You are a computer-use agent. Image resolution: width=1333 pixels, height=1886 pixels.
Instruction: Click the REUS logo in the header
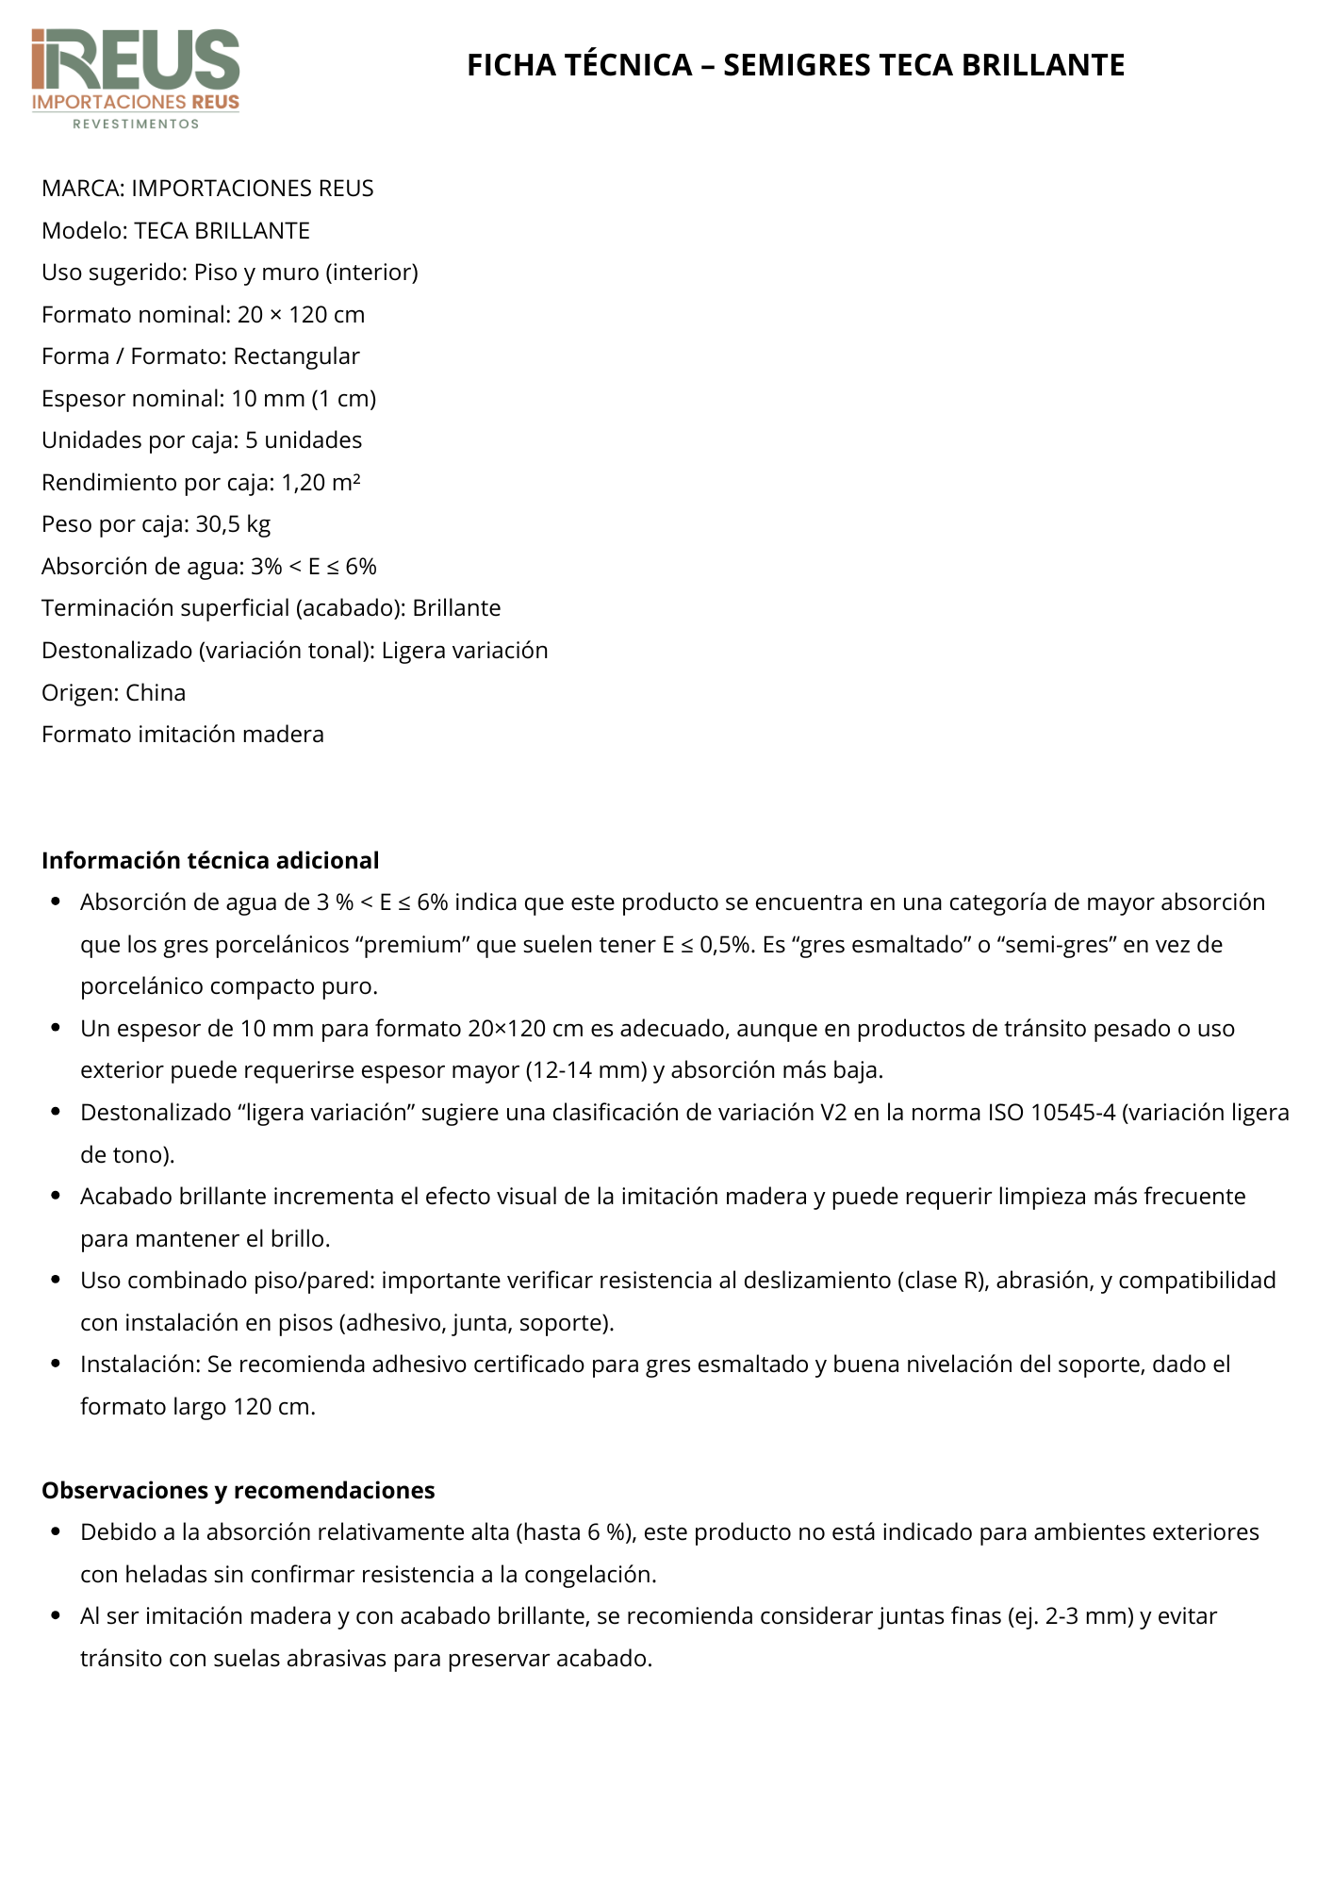(x=136, y=71)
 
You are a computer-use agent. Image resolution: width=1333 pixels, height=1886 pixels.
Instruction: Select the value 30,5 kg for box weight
(x=233, y=524)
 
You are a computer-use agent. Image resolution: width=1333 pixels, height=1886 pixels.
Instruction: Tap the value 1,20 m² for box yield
(x=321, y=483)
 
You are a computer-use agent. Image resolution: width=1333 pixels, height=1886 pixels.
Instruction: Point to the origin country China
(x=156, y=693)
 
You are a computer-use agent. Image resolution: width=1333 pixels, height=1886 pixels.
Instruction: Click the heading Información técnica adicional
(x=210, y=861)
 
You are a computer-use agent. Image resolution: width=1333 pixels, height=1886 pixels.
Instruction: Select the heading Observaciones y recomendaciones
(x=239, y=1491)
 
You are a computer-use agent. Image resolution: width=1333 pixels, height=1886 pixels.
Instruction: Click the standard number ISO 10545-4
(x=1051, y=1113)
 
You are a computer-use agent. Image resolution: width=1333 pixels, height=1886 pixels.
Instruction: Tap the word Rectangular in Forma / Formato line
(x=296, y=356)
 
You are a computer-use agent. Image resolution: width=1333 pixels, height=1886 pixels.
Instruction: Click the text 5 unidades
(x=304, y=440)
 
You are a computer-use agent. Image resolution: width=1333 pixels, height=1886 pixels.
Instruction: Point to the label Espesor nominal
(x=132, y=399)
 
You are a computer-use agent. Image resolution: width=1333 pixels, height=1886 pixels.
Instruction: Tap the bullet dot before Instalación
(x=57, y=1365)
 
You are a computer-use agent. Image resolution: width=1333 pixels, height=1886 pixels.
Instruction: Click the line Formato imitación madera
(x=183, y=735)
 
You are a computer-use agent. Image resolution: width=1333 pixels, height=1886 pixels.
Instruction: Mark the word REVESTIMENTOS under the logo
(x=136, y=124)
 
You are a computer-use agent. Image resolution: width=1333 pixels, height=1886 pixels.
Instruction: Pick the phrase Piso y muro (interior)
(x=305, y=273)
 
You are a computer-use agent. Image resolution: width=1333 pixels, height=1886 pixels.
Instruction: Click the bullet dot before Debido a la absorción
(x=57, y=1532)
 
